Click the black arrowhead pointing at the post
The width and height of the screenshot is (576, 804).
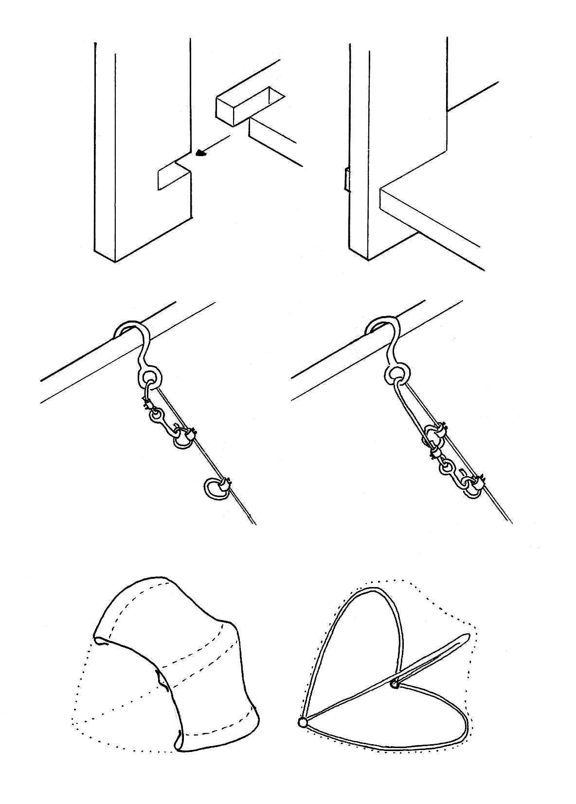(x=200, y=154)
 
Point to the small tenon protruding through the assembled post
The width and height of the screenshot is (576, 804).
(x=347, y=179)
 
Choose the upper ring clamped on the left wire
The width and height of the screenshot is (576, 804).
(x=182, y=439)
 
